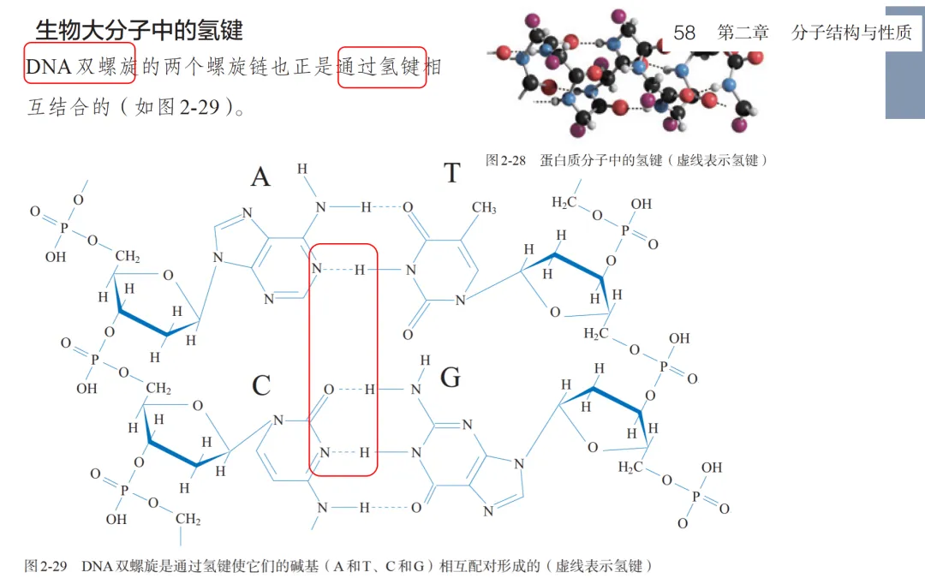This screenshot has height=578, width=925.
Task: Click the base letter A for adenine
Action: pyautogui.click(x=260, y=177)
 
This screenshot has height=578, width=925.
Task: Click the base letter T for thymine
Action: pyautogui.click(x=451, y=174)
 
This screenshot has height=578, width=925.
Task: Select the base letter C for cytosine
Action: pyautogui.click(x=261, y=386)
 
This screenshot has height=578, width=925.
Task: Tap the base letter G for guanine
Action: pyautogui.click(x=451, y=378)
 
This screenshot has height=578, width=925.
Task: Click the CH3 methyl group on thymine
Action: pyautogui.click(x=484, y=207)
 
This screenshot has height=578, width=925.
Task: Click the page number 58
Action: pyautogui.click(x=684, y=33)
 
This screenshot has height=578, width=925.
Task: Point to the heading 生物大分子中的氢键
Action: pyautogui.click(x=139, y=30)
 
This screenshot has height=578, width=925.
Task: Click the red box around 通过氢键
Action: pyautogui.click(x=382, y=67)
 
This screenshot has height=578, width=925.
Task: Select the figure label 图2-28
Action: pyautogui.click(x=504, y=160)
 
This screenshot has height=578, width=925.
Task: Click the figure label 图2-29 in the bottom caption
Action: pyautogui.click(x=46, y=566)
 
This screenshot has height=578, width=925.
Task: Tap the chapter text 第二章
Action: pyautogui.click(x=743, y=33)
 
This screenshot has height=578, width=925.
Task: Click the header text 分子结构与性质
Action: pyautogui.click(x=851, y=33)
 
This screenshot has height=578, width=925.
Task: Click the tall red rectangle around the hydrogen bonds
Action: pyautogui.click(x=343, y=360)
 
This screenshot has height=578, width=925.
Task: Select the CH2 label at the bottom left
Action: pyautogui.click(x=188, y=519)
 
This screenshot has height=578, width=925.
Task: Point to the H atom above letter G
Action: pyautogui.click(x=425, y=361)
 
